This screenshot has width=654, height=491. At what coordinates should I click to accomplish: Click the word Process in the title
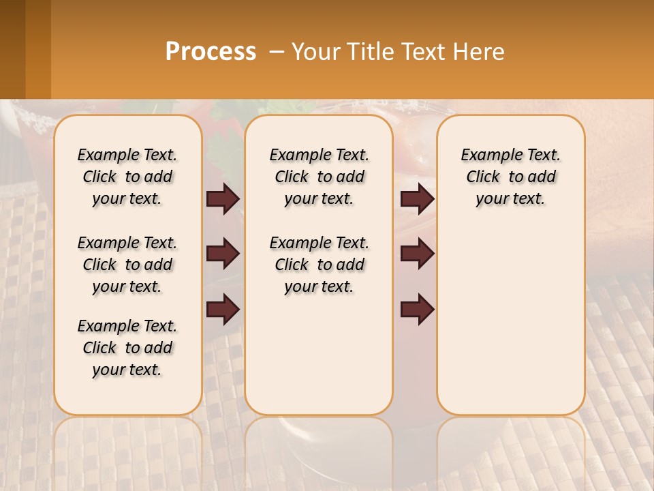[211, 52]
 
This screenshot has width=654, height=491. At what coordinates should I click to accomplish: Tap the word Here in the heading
[476, 52]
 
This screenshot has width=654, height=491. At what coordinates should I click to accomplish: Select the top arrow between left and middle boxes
[223, 198]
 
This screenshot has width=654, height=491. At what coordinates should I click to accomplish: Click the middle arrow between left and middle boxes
[223, 254]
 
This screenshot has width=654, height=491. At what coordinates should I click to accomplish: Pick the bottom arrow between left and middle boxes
[223, 310]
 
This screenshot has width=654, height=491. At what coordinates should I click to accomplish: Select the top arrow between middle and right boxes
[417, 198]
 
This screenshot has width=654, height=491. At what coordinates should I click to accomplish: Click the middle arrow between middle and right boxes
[417, 254]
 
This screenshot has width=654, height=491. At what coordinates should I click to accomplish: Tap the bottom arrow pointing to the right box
[417, 310]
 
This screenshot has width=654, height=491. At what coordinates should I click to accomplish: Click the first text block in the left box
[127, 177]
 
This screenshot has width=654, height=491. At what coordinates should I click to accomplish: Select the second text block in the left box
[127, 265]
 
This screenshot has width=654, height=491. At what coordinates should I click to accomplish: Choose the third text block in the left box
[127, 348]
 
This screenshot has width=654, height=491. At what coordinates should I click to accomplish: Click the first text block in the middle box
[319, 177]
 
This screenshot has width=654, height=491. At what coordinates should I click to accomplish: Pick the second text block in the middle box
[319, 265]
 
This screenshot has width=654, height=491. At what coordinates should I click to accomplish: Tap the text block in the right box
[510, 177]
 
